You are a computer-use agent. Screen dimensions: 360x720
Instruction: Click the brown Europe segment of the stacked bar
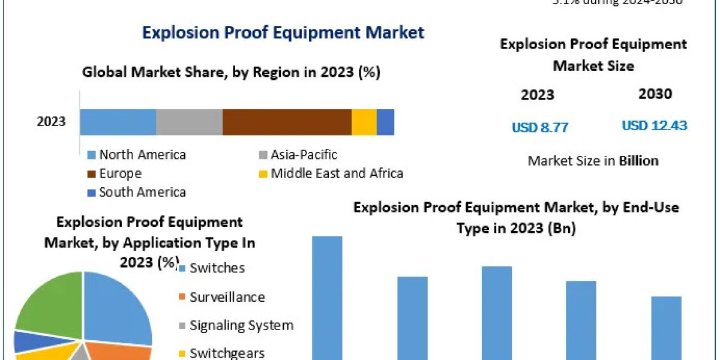coord(287,122)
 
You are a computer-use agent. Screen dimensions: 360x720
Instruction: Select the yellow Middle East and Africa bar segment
coord(364,122)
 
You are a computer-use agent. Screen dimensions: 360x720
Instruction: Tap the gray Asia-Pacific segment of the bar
coord(189,122)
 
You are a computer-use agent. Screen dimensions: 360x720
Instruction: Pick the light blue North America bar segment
coord(118,122)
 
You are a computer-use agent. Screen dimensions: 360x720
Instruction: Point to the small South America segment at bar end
coord(385,122)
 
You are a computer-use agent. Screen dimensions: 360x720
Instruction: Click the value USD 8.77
coord(539,127)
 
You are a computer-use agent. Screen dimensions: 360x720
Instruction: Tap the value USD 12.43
coord(654,126)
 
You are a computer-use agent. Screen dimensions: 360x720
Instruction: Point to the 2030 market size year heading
coord(656,94)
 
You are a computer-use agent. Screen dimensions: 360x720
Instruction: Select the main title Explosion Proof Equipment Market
coord(283,32)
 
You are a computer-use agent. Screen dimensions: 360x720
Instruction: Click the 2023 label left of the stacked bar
coord(51,122)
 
